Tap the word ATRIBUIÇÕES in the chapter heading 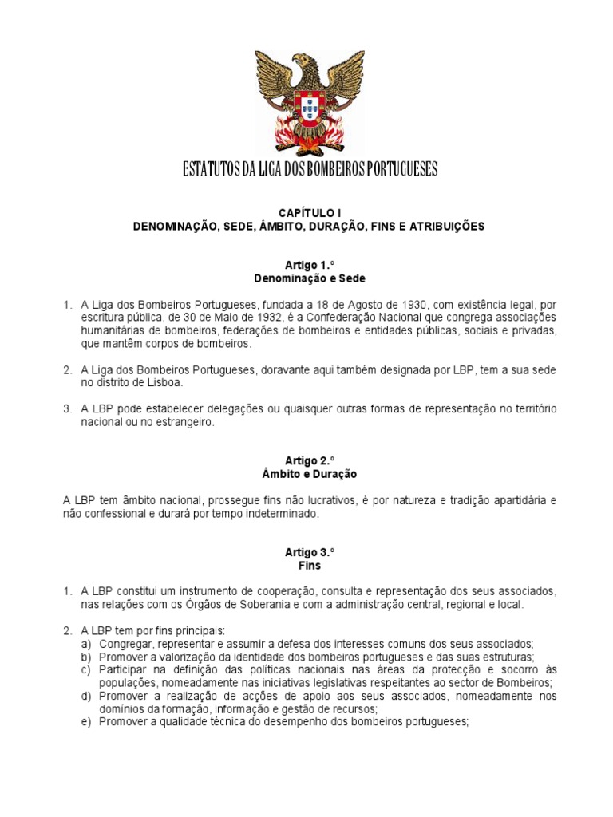(446, 227)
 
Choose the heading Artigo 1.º (308, 265)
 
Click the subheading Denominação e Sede (308, 278)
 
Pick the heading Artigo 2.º (308, 460)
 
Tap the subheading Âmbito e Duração (308, 474)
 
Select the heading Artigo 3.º (308, 552)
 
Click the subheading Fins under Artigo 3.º (308, 566)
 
